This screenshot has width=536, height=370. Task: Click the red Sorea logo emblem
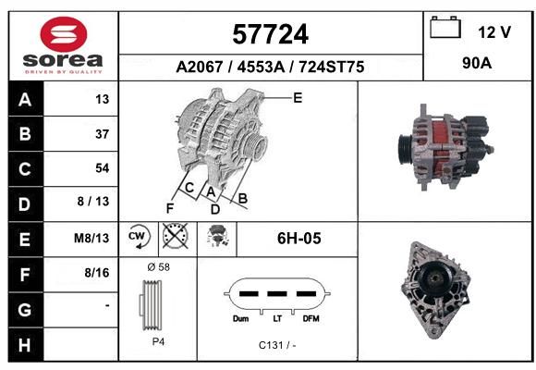(64, 34)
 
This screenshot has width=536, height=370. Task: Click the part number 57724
(271, 34)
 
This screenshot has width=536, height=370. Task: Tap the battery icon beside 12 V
(445, 27)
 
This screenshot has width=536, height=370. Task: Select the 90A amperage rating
(477, 63)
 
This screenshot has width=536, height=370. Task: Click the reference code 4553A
(261, 67)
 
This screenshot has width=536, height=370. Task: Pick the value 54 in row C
(103, 168)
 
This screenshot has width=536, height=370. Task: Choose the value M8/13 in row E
(91, 238)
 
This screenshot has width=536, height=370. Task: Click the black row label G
(25, 310)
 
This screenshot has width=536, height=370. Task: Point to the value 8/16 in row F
(97, 273)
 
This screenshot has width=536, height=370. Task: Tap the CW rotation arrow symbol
(139, 236)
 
